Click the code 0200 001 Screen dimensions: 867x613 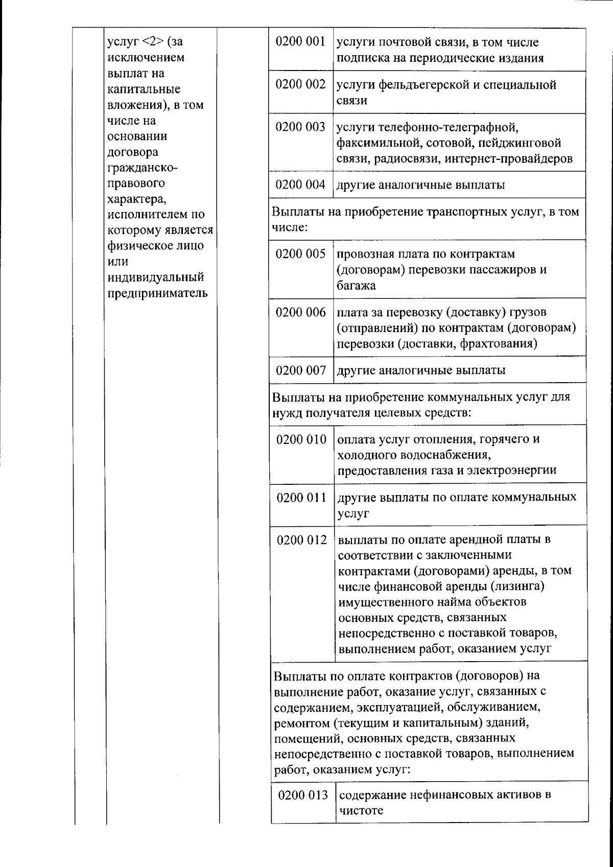click(x=300, y=41)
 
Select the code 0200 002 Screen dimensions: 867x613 click(x=300, y=84)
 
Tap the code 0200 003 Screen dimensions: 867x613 click(x=300, y=127)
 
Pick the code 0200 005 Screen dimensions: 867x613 click(x=301, y=253)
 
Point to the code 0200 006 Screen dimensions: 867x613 click(x=301, y=312)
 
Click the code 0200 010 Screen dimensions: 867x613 click(x=301, y=439)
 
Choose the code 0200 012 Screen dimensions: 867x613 click(x=302, y=540)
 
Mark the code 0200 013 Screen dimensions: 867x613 click(x=303, y=795)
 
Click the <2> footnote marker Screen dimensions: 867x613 click(x=152, y=42)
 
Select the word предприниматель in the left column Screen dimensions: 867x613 click(x=157, y=293)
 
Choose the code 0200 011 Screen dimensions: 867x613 click(x=301, y=497)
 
